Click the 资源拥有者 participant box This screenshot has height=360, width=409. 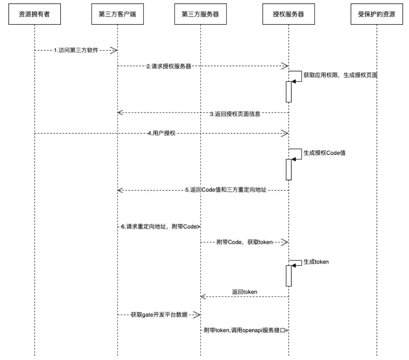point(34,14)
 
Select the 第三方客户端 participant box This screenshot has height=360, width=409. point(117,14)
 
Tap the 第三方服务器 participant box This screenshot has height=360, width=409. point(200,14)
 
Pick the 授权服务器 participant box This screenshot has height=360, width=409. point(288,14)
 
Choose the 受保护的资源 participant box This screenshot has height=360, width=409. point(377,14)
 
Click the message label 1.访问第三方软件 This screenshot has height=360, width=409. point(76,50)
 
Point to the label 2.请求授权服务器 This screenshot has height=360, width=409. point(169,66)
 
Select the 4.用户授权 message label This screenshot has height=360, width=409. point(162,133)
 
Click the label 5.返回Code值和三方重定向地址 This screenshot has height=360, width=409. point(226,190)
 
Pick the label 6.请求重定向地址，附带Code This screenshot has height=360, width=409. point(159,226)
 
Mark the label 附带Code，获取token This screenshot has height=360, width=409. point(245,242)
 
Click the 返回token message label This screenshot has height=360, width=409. point(245,292)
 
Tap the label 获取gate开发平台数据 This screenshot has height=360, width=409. point(159,315)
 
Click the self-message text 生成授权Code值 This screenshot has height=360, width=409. point(324,153)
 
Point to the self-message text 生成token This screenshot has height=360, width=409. point(316,262)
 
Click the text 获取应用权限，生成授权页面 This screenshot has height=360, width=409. point(340,75)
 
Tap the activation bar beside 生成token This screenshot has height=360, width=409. point(288,275)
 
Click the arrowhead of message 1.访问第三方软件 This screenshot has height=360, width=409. point(114,50)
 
